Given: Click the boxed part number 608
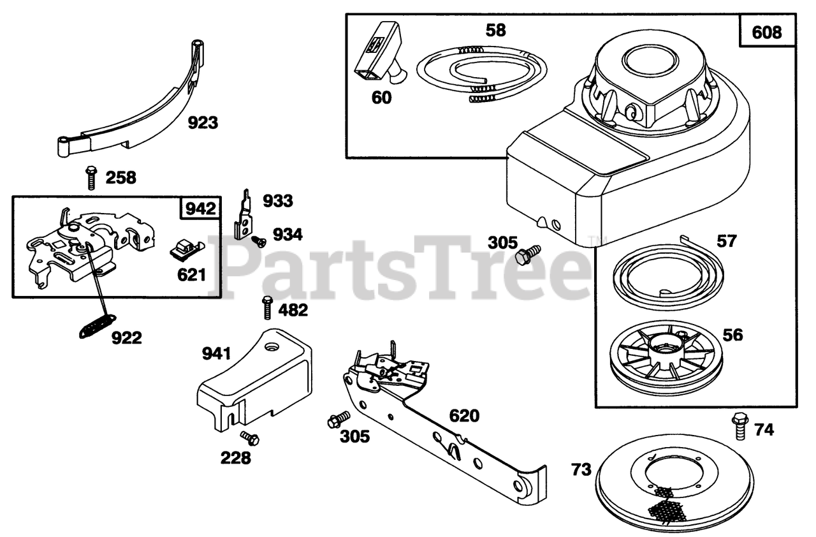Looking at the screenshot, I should pyautogui.click(x=767, y=32).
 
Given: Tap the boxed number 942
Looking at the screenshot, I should pyautogui.click(x=201, y=208).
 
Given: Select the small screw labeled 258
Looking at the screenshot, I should pyautogui.click(x=91, y=177).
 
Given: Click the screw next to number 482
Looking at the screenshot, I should pyautogui.click(x=267, y=308).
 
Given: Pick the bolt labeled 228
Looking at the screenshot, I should pyautogui.click(x=249, y=438).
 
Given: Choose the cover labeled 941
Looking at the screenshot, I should pyautogui.click(x=255, y=379).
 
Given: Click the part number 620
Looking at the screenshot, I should pyautogui.click(x=463, y=416).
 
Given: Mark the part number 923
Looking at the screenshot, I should pyautogui.click(x=203, y=122).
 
